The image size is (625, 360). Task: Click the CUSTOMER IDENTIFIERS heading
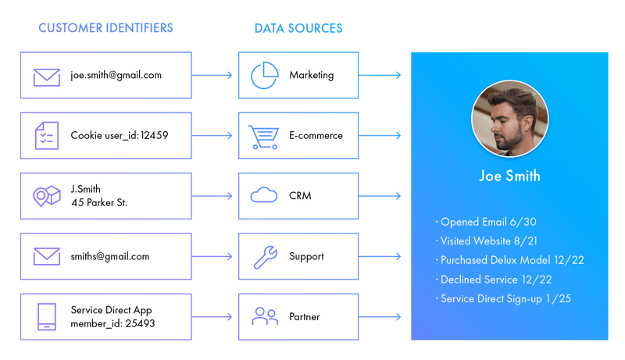[x=105, y=28]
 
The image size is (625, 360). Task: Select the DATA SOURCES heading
[x=298, y=28]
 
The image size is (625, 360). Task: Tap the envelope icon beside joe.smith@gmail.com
[x=47, y=77]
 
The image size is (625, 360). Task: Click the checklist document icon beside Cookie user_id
[x=47, y=136]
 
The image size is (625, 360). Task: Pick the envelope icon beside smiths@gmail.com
[x=47, y=256]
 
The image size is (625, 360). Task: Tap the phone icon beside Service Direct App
[x=47, y=316]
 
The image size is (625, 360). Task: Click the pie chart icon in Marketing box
[x=264, y=76]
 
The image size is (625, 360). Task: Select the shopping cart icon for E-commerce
[x=263, y=136]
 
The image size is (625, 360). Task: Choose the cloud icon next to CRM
[x=264, y=196]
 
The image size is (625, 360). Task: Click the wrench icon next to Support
[x=265, y=257]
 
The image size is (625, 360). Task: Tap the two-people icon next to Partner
[x=265, y=316]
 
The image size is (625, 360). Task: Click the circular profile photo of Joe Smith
[x=509, y=119]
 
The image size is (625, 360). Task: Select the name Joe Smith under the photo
[x=509, y=176]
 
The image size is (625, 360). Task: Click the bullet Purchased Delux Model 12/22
[x=511, y=260]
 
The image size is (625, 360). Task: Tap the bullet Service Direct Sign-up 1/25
[x=505, y=298]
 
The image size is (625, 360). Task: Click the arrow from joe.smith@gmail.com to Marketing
[x=212, y=76]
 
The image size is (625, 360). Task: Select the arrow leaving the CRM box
[x=380, y=196]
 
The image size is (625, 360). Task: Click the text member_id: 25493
[x=112, y=323]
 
